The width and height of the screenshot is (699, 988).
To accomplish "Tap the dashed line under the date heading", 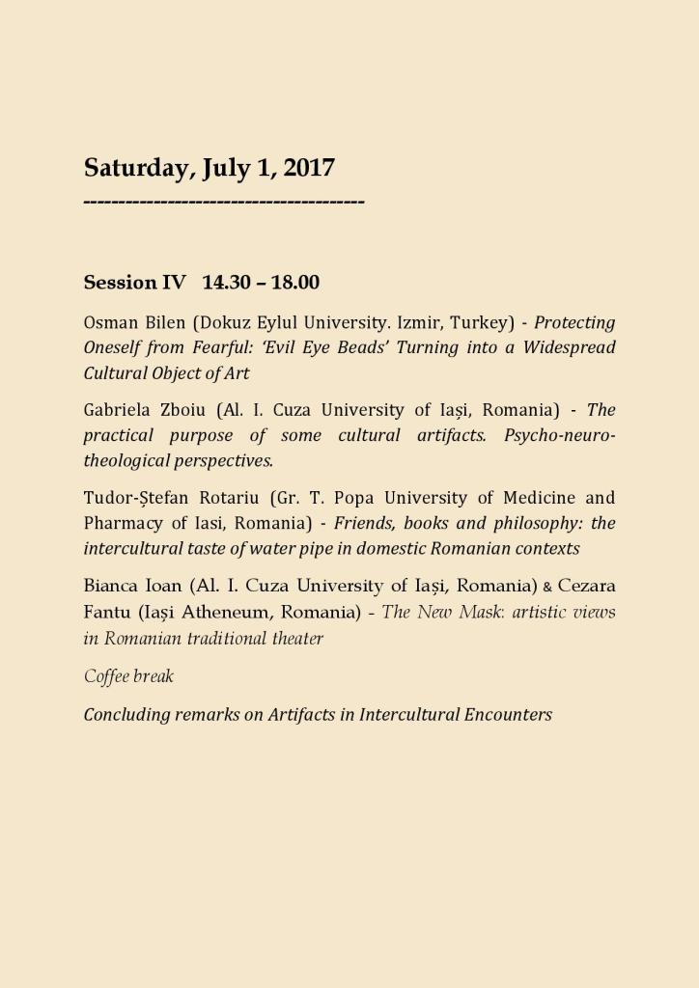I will tap(224, 202).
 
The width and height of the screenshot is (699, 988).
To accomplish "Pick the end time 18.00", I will tap(295, 283).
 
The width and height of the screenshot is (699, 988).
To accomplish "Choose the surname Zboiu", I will tap(176, 410).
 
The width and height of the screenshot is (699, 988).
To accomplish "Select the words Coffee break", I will tap(128, 676).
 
